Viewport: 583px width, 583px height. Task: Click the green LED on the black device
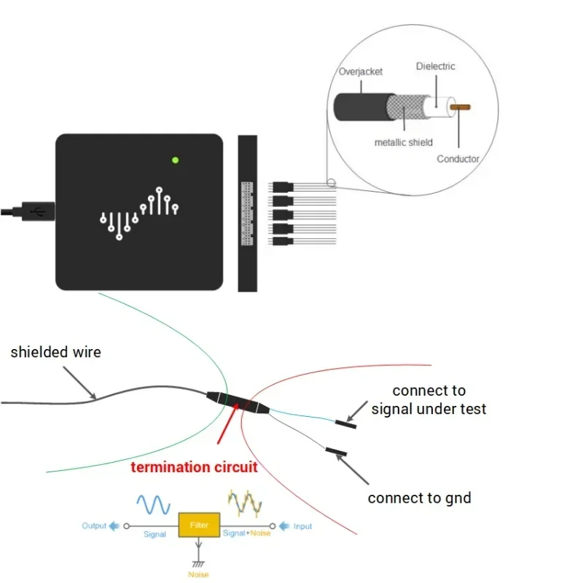(x=175, y=160)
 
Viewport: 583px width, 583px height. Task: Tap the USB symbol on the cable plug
(x=39, y=212)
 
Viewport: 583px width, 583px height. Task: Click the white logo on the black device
(x=139, y=212)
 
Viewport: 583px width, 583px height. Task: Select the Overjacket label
(x=361, y=72)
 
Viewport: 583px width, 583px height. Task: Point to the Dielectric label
(x=435, y=66)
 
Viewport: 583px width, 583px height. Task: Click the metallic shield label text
(x=403, y=142)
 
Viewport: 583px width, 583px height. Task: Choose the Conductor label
(x=458, y=159)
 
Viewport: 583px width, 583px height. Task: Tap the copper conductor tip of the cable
(x=461, y=107)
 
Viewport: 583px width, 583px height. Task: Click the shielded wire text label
(x=55, y=353)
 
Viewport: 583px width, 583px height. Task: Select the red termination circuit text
(x=194, y=467)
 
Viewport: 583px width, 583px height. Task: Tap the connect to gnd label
(x=419, y=498)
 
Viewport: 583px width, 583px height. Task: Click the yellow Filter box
(x=199, y=525)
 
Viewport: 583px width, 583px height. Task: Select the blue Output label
(x=94, y=525)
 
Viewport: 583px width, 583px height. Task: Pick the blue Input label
(x=302, y=526)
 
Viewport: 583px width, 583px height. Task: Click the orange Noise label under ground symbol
(x=198, y=575)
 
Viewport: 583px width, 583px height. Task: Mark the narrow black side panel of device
(x=248, y=213)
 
